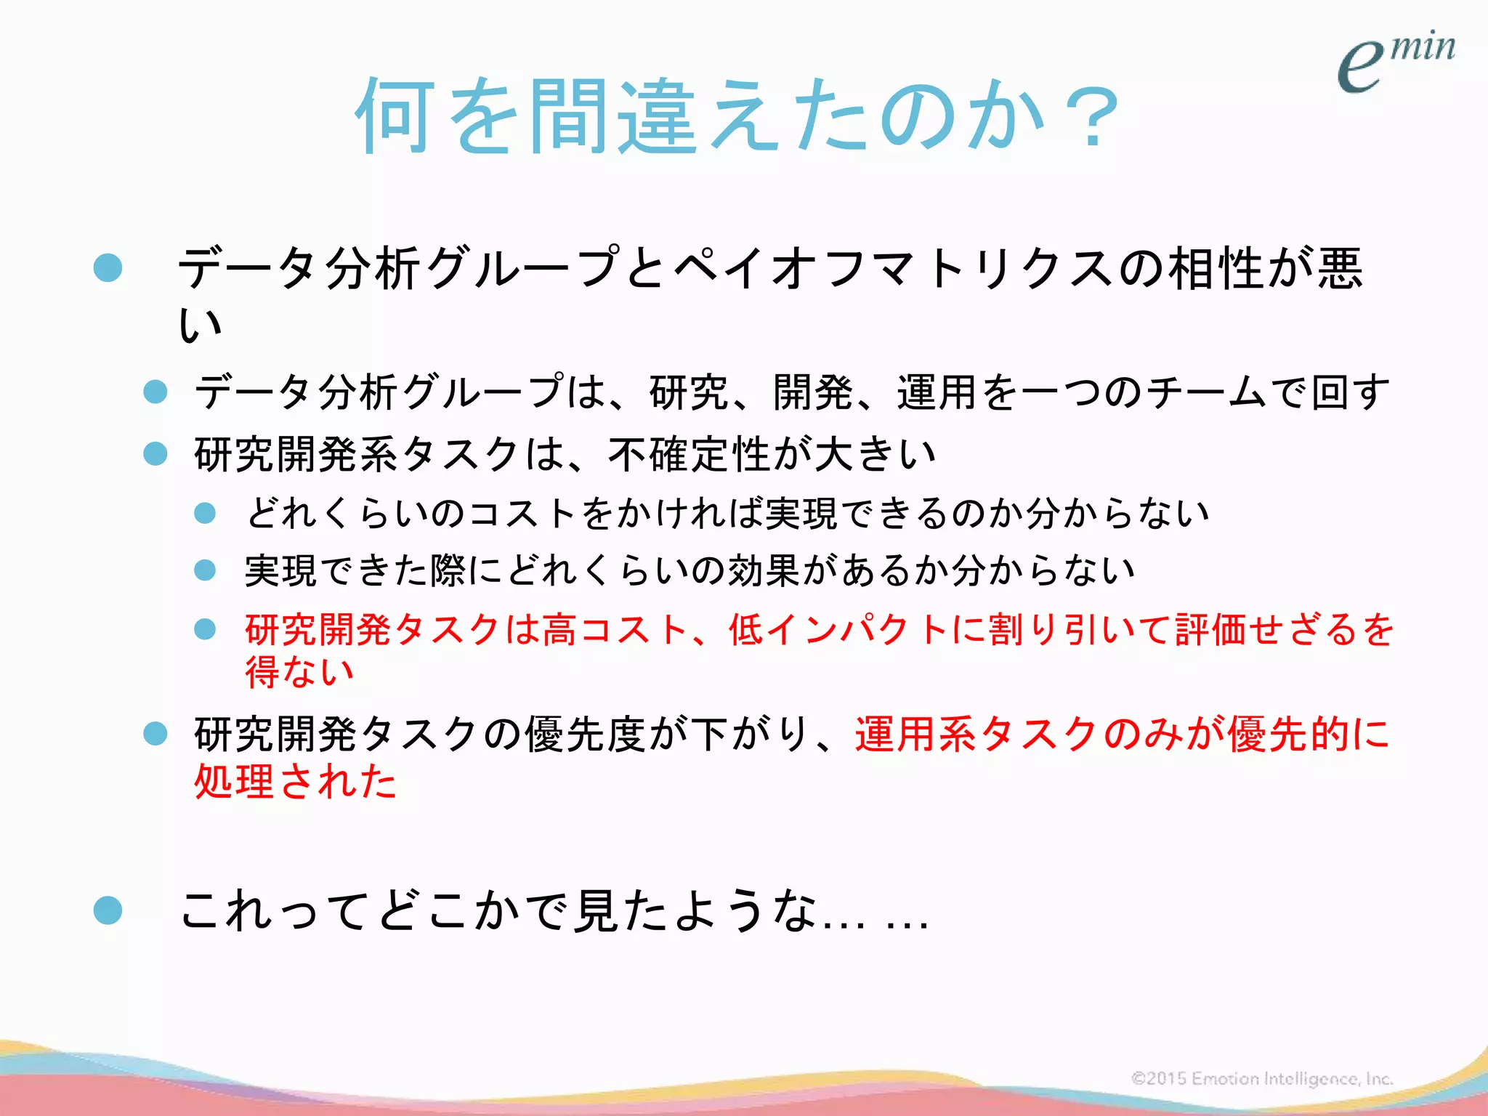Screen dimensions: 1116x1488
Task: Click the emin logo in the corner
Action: coord(1395,62)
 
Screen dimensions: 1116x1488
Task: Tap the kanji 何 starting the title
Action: coord(396,116)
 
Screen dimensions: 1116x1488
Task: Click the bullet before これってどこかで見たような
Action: coord(108,910)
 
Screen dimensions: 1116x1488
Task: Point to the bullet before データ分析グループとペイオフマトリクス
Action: coord(108,267)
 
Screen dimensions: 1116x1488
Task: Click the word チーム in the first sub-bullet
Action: coord(1206,392)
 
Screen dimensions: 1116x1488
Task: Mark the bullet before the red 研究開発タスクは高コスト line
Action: coord(206,629)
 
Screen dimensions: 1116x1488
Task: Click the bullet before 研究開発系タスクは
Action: coord(155,455)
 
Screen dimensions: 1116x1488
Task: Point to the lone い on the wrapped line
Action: coord(200,324)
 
